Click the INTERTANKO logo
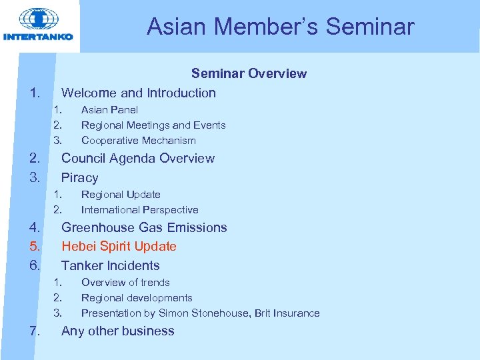click(x=38, y=25)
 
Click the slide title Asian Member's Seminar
click(x=280, y=27)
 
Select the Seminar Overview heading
click(x=249, y=73)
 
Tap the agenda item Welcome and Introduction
click(x=138, y=93)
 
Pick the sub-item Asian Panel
click(x=109, y=109)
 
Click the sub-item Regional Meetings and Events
click(x=153, y=125)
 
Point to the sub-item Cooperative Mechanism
click(x=138, y=140)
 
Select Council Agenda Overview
click(x=137, y=158)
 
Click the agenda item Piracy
click(x=79, y=177)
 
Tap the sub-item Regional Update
click(x=121, y=194)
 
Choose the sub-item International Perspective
click(x=139, y=209)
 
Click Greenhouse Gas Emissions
click(x=144, y=227)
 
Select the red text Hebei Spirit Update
click(x=119, y=246)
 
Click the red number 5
click(x=33, y=246)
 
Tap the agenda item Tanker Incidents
click(x=110, y=265)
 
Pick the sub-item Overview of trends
click(x=125, y=282)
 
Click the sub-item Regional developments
click(x=137, y=297)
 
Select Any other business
click(x=117, y=331)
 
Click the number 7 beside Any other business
click(x=33, y=331)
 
